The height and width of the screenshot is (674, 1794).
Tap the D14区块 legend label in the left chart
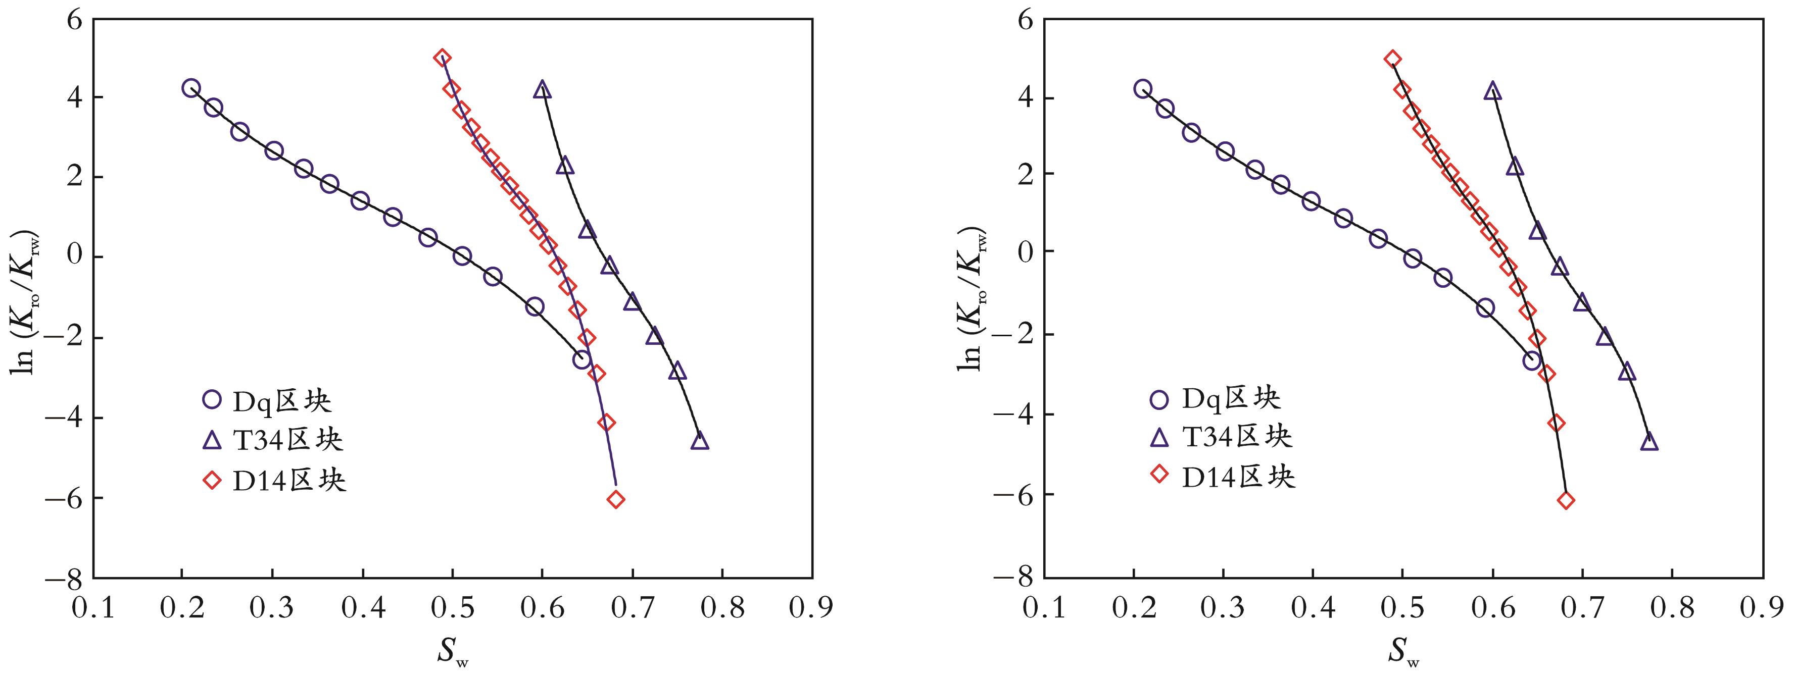(x=288, y=481)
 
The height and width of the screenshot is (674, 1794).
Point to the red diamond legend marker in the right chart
(x=1159, y=475)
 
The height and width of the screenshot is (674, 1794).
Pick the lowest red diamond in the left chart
(x=616, y=499)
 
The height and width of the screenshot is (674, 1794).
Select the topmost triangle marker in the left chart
(x=543, y=90)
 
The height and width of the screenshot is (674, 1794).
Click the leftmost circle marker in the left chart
(x=191, y=88)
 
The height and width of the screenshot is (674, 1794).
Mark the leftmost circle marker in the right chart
(x=1142, y=88)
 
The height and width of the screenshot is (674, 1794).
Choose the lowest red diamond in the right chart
(x=1566, y=500)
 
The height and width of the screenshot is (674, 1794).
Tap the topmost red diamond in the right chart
(x=1392, y=59)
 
